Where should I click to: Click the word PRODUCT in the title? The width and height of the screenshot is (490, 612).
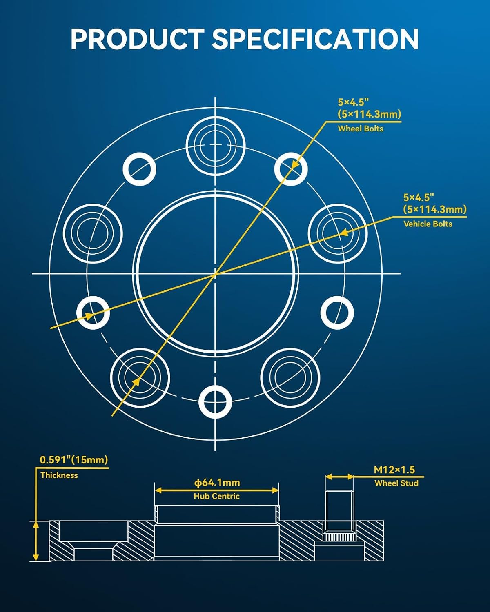point(137,39)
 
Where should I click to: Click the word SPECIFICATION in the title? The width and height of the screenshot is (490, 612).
point(315,39)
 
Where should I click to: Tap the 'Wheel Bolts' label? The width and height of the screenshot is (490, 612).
point(361,129)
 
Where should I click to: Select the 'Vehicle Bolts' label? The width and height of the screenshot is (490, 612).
point(428,224)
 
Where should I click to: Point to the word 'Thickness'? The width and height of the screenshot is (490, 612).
point(59,475)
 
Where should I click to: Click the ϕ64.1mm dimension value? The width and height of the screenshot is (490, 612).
point(217,482)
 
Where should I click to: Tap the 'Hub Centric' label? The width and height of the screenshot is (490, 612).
point(217,496)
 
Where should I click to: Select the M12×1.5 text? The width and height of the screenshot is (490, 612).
point(394,470)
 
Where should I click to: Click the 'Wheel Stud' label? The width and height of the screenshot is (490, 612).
point(396,483)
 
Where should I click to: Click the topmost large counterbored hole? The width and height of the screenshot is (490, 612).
point(215,146)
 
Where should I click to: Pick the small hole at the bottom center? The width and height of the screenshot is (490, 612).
point(215,402)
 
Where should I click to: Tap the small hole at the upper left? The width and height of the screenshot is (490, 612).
point(140,169)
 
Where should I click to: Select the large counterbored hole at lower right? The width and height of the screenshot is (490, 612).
point(290,378)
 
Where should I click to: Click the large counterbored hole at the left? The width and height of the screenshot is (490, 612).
point(93,234)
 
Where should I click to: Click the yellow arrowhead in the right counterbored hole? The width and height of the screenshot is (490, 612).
point(344,232)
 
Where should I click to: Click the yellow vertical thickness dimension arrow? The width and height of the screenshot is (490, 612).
point(36,541)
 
